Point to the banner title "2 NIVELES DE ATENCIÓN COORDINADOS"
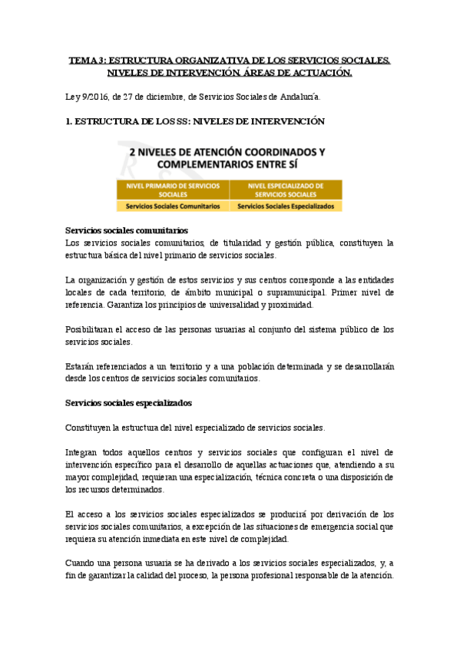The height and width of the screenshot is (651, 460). click(x=227, y=152)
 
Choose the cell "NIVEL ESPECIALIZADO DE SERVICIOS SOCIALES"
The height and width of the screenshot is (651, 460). click(x=286, y=190)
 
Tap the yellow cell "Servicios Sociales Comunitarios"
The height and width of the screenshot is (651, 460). click(x=173, y=207)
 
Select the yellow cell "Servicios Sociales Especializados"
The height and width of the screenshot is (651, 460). click(x=286, y=207)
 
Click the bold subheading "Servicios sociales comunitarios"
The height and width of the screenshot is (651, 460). click(x=127, y=230)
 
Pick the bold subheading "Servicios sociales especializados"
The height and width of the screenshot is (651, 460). click(x=129, y=402)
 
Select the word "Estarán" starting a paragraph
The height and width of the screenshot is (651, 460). click(x=81, y=366)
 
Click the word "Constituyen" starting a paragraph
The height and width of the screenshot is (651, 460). click(x=91, y=428)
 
